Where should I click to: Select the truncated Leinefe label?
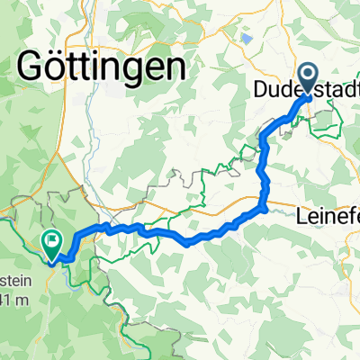(328, 216)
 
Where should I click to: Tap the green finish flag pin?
(51, 241)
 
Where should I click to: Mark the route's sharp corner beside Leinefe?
(266, 209)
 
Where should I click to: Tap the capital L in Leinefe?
(301, 216)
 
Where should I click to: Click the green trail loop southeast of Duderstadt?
(328, 126)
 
